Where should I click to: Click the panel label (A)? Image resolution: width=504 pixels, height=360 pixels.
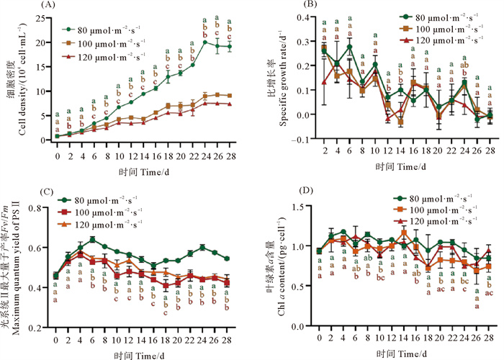click(x=50, y=5)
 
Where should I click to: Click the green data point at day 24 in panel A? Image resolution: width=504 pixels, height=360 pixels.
click(x=206, y=42)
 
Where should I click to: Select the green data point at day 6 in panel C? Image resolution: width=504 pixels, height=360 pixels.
click(x=92, y=239)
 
